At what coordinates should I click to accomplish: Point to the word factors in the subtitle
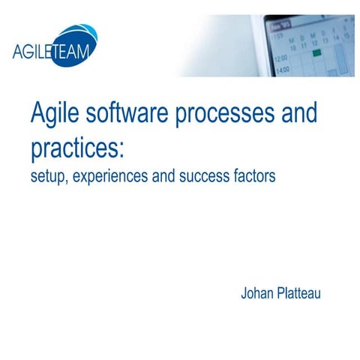click(251, 178)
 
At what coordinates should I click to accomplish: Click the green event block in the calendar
click(317, 54)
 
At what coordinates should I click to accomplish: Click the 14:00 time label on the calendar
click(282, 70)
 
